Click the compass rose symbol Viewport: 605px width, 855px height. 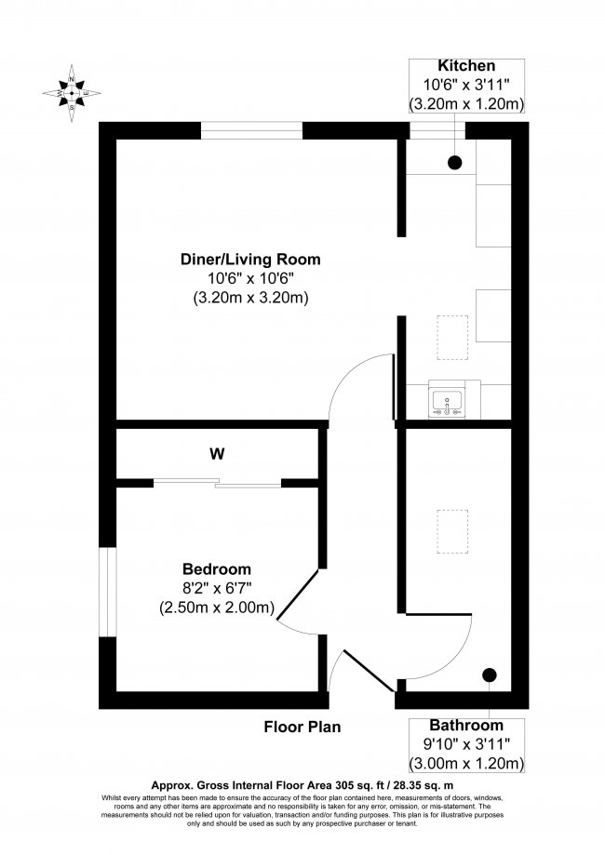pos(73,93)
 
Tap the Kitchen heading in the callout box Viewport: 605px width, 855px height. pos(466,66)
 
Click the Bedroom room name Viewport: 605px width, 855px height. pos(217,569)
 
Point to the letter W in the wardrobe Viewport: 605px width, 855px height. pos(217,454)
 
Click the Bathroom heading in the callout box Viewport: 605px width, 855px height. pos(466,725)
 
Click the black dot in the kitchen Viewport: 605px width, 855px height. pos(454,164)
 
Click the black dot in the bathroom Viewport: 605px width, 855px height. pos(490,675)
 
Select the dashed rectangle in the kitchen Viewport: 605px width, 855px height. pos(452,337)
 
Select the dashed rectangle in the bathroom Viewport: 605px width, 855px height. pos(452,531)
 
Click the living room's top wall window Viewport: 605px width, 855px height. pos(250,131)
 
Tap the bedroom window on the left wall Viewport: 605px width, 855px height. pos(108,592)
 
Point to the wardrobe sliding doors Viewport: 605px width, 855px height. pos(217,483)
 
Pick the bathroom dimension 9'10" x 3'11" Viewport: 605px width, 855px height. pos(466,744)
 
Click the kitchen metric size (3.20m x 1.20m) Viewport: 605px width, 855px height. pos(466,104)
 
